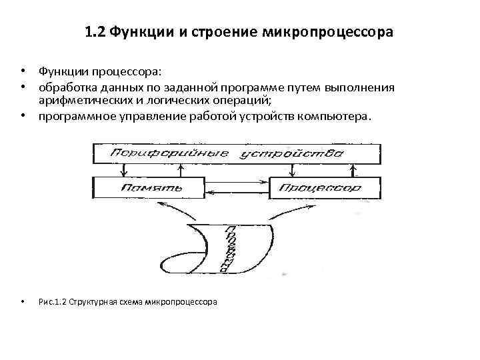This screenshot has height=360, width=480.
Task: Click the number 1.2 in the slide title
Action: tap(95, 32)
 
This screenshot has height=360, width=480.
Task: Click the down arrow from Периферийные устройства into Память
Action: tap(121, 171)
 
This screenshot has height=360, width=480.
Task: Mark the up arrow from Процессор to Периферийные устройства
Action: tap(355, 171)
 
